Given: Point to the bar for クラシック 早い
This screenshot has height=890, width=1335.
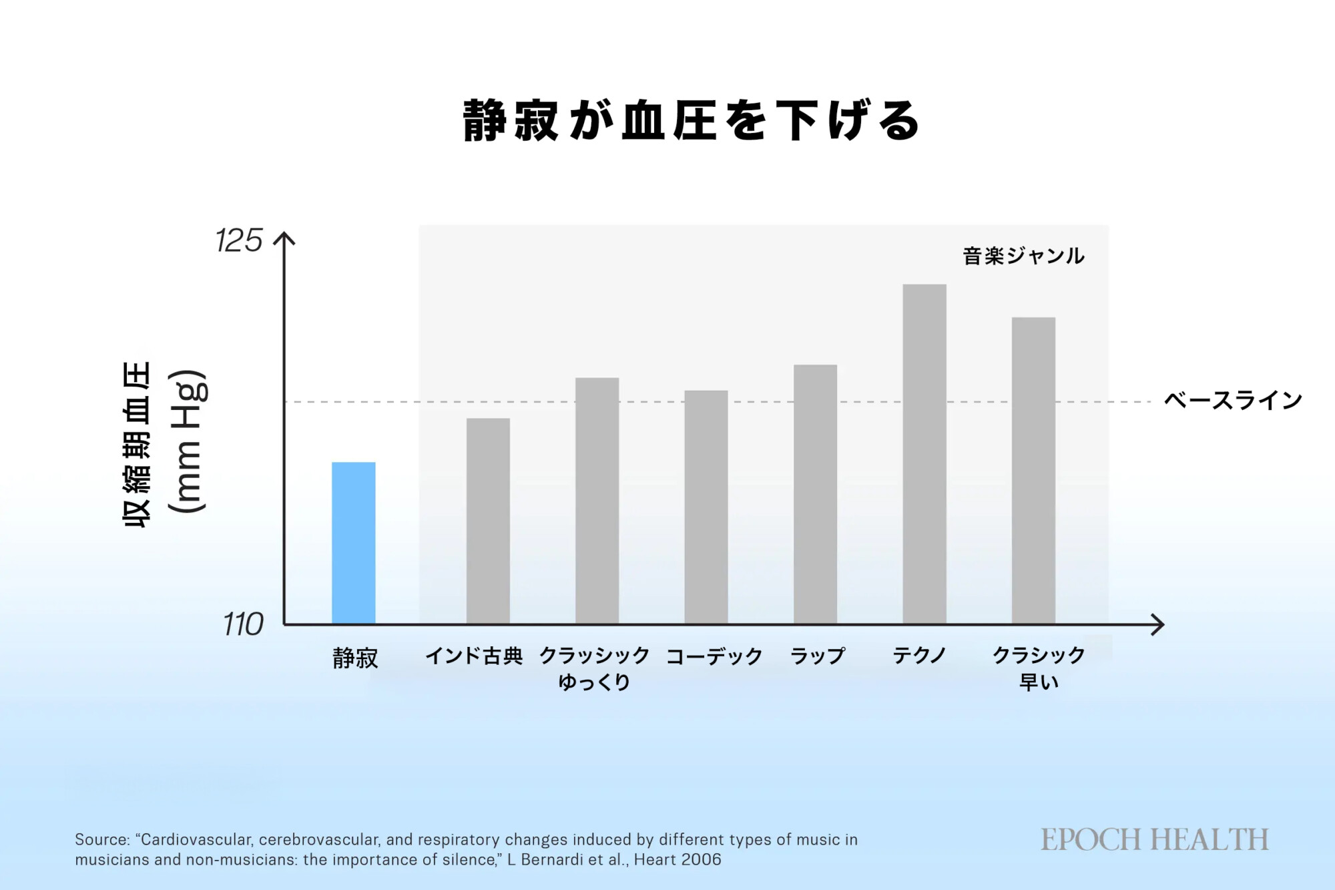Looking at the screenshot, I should pyautogui.click(x=1033, y=471).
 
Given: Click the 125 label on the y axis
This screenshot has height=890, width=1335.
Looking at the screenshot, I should pyautogui.click(x=239, y=240).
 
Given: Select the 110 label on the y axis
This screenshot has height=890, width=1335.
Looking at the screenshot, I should pyautogui.click(x=243, y=625).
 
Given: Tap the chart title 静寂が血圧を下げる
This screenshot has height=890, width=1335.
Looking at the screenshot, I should pyautogui.click(x=692, y=121).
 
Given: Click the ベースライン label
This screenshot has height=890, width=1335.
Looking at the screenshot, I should pyautogui.click(x=1233, y=401).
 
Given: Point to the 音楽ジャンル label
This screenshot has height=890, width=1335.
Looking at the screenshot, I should pyautogui.click(x=1023, y=256).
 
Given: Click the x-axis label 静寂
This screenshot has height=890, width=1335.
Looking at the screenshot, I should pyautogui.click(x=355, y=658).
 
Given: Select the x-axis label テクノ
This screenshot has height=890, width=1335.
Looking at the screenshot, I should pyautogui.click(x=919, y=656).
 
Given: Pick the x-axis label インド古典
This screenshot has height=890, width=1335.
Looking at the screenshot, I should pyautogui.click(x=474, y=656).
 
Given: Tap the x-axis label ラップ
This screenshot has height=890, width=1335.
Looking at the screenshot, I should pyautogui.click(x=818, y=656).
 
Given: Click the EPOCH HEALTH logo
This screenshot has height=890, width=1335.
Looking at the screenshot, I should pyautogui.click(x=1154, y=840).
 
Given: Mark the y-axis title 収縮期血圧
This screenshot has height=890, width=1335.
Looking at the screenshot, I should pyautogui.click(x=138, y=444).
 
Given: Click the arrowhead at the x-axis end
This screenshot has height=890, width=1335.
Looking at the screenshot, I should pyautogui.click(x=1158, y=625).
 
